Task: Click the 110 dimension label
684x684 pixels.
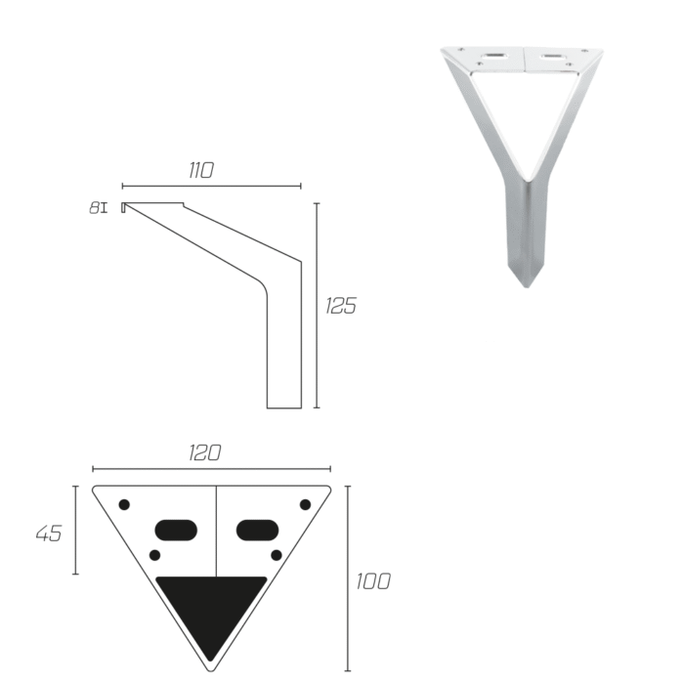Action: [x=201, y=170]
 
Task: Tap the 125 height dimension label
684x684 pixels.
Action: [x=341, y=305]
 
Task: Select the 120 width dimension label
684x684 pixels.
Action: [x=204, y=452]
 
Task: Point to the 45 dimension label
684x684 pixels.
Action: [x=49, y=534]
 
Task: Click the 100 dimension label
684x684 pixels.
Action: [x=373, y=581]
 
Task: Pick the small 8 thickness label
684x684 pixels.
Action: [x=94, y=207]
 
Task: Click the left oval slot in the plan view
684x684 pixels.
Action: [x=176, y=530]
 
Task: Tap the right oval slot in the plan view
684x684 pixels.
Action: [x=257, y=530]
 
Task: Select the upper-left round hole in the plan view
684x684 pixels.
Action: [x=124, y=505]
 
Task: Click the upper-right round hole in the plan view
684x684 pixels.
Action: [x=305, y=505]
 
